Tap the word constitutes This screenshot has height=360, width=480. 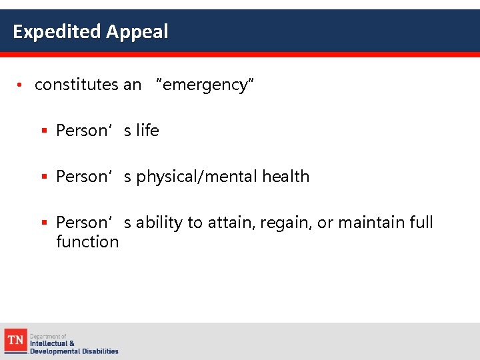pyautogui.click(x=77, y=85)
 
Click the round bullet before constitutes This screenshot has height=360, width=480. pyautogui.click(x=21, y=85)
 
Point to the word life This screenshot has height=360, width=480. pyautogui.click(x=147, y=131)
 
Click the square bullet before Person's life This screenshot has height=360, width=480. pyautogui.click(x=45, y=131)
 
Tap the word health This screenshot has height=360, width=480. pyautogui.click(x=285, y=177)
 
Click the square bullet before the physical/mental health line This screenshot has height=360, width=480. pyautogui.click(x=45, y=177)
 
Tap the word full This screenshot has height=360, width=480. pyautogui.click(x=421, y=222)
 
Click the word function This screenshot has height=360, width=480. pyautogui.click(x=87, y=241)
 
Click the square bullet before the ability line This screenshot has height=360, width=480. pyautogui.click(x=45, y=223)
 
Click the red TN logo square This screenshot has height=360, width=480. pyautogui.click(x=15, y=340)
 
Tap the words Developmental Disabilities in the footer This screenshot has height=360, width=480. pyautogui.click(x=74, y=351)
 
